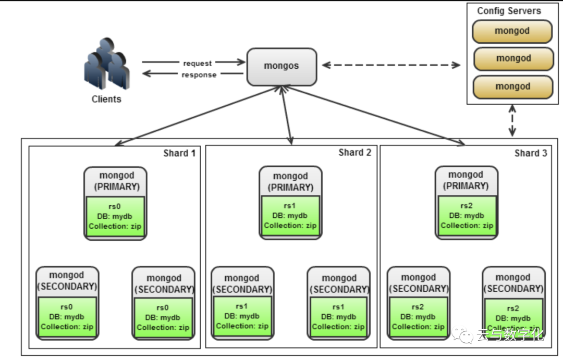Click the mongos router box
click(281, 67)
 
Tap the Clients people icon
click(107, 64)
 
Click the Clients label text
click(106, 99)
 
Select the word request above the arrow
click(197, 63)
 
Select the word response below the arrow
click(199, 75)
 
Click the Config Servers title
click(509, 10)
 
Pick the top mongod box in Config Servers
click(512, 31)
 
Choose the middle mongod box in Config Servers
click(513, 58)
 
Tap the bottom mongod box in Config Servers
click(512, 86)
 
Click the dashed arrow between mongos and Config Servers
click(391, 65)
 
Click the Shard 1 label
click(179, 153)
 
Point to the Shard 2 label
click(354, 153)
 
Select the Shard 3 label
click(531, 153)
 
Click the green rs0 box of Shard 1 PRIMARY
click(115, 216)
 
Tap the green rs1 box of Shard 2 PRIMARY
click(290, 216)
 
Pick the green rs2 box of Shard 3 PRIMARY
click(467, 216)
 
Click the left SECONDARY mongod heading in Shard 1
click(66, 281)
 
